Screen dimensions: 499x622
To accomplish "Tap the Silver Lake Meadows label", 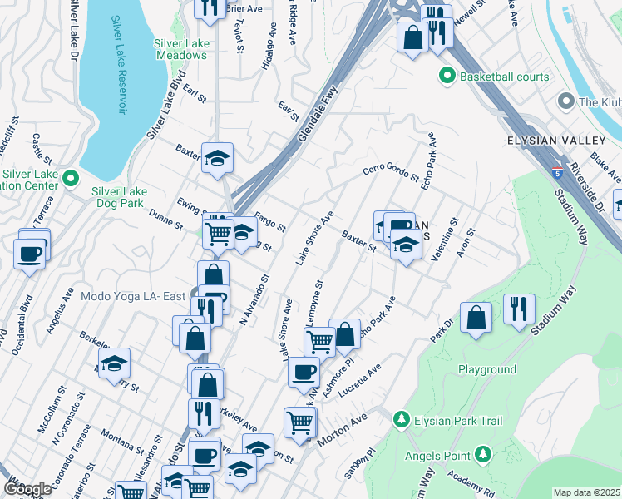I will point(180,49).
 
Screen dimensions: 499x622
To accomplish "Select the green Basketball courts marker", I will point(446,77).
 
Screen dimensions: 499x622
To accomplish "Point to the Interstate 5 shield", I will point(555,172).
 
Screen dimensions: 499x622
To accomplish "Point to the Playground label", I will point(486,369).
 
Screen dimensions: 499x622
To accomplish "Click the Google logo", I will point(27,489).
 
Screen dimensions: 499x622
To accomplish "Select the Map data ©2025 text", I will point(587,492).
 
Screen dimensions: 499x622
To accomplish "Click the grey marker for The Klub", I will point(567,102).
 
